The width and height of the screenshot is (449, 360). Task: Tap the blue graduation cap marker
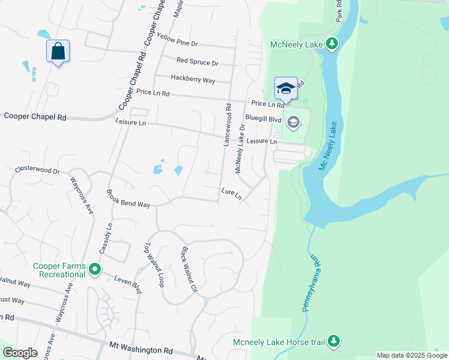point(286,89)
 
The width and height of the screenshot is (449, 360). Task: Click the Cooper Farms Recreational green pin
point(94,270)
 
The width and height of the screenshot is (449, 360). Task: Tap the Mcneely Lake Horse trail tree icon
point(334,342)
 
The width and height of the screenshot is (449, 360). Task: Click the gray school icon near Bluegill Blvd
point(293,124)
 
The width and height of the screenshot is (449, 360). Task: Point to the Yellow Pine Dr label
point(177,40)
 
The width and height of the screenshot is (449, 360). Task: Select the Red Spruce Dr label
point(197,62)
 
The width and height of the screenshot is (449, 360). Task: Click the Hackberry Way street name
point(193,79)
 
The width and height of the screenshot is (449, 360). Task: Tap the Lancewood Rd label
point(228,125)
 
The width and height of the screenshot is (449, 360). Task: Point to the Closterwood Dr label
point(38,171)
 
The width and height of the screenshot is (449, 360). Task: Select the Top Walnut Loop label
point(154,265)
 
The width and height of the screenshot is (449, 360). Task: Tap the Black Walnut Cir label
point(188,266)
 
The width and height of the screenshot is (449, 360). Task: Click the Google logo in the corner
point(20,353)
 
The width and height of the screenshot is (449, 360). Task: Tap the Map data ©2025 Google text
point(412,355)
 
